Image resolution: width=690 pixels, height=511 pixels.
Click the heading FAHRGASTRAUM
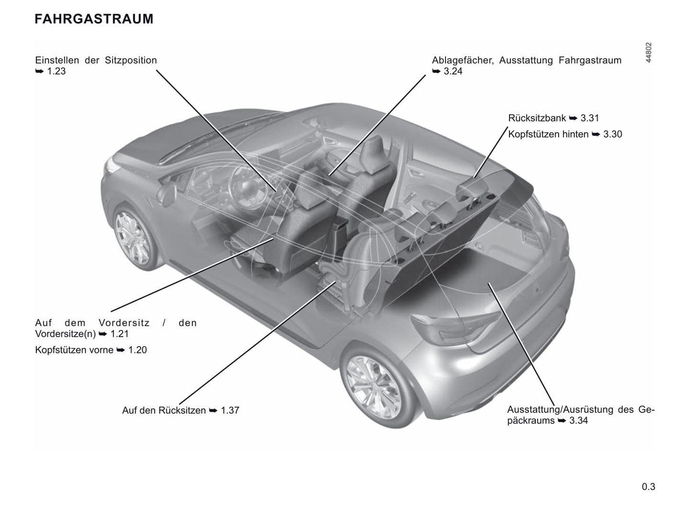(94, 19)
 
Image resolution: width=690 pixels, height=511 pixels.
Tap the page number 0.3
(648, 487)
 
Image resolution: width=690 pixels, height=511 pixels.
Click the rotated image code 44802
(648, 53)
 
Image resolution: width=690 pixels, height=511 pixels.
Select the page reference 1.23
(56, 71)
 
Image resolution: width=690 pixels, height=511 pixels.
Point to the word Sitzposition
(131, 60)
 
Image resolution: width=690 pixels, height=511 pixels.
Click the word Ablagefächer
(463, 60)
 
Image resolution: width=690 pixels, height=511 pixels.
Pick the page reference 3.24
(453, 71)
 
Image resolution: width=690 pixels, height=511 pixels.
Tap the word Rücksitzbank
(537, 118)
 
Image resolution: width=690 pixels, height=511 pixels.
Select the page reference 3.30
(613, 134)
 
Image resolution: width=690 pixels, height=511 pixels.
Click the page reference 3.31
(590, 118)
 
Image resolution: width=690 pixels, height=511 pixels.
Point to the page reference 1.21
(119, 334)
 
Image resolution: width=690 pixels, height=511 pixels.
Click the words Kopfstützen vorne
(74, 350)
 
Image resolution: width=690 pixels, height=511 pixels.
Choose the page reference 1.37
(230, 410)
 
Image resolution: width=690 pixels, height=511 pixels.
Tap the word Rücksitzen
(182, 410)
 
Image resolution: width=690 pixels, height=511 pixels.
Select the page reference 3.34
(579, 420)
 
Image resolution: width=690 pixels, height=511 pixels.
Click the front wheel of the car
(133, 238)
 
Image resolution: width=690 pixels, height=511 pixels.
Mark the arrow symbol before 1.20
(121, 350)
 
